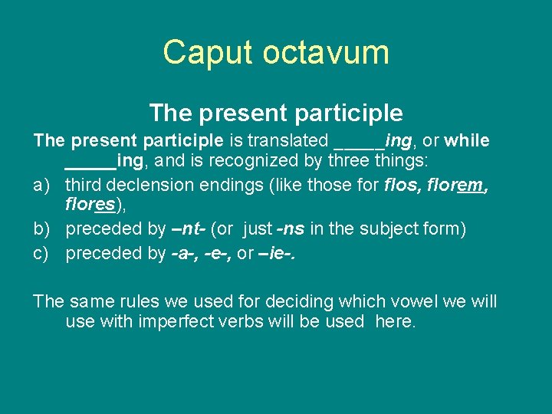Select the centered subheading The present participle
[x=275, y=113]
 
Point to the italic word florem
[x=452, y=185]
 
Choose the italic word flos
[x=399, y=185]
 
